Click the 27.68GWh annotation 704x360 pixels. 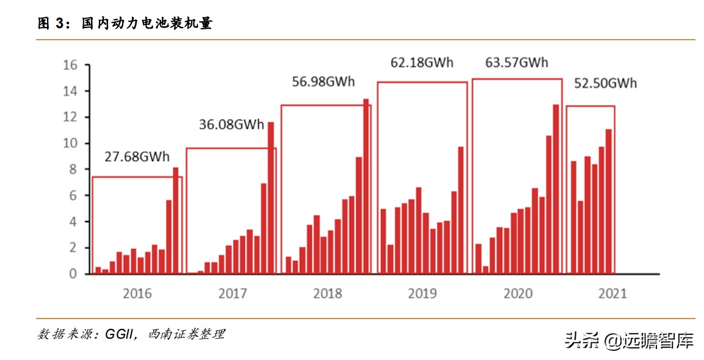tap(137, 157)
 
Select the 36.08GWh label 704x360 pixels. tap(231, 124)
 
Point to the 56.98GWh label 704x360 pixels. tap(323, 82)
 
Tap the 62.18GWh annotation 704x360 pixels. tap(422, 62)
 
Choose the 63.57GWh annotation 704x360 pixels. tap(517, 62)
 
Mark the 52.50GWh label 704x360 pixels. tap(606, 84)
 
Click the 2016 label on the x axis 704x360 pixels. tap(137, 293)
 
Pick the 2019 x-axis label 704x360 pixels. tap(422, 293)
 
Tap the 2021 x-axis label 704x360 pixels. tap(612, 293)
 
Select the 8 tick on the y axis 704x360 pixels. tap(73, 169)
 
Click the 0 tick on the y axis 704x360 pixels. tap(73, 274)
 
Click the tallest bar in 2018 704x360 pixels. tap(366, 186)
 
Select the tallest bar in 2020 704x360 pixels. tap(556, 189)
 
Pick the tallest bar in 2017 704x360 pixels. tap(270, 198)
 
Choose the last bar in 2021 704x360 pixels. tap(608, 201)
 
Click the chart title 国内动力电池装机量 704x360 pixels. tap(147, 24)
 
